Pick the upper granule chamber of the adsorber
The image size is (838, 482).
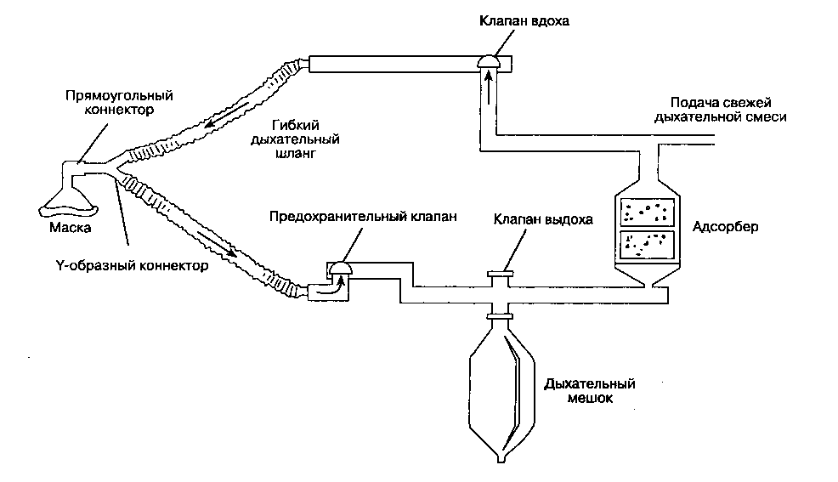coord(647,213)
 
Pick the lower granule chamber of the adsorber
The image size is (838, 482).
coord(647,244)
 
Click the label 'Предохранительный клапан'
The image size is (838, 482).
coord(363,215)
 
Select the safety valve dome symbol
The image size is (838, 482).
coord(343,267)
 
